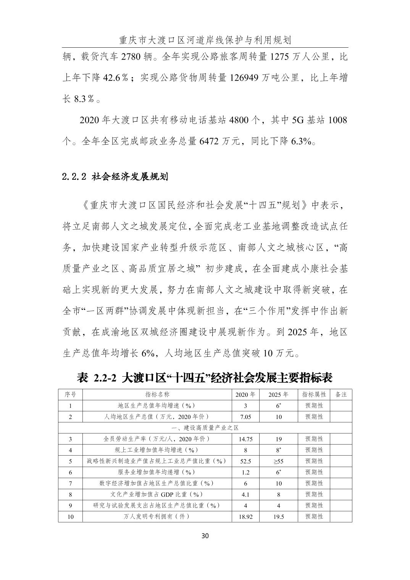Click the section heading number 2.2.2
pos(75,177)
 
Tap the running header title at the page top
pos(205,40)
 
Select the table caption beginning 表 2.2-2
pos(205,378)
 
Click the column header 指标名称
pos(157,395)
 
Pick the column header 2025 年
pos(278,395)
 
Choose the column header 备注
pos(341,395)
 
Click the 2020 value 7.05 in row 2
pos(245,417)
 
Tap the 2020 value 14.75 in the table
pos(245,439)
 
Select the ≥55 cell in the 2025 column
pos(278,461)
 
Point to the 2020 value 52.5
pos(245,461)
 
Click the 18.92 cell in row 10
pos(245,517)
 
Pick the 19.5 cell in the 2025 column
pos(278,517)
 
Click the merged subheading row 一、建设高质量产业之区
pos(205,428)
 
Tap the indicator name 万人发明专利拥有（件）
pos(157,517)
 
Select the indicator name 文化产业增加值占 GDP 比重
pos(157,495)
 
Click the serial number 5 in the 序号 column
pos(70,461)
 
